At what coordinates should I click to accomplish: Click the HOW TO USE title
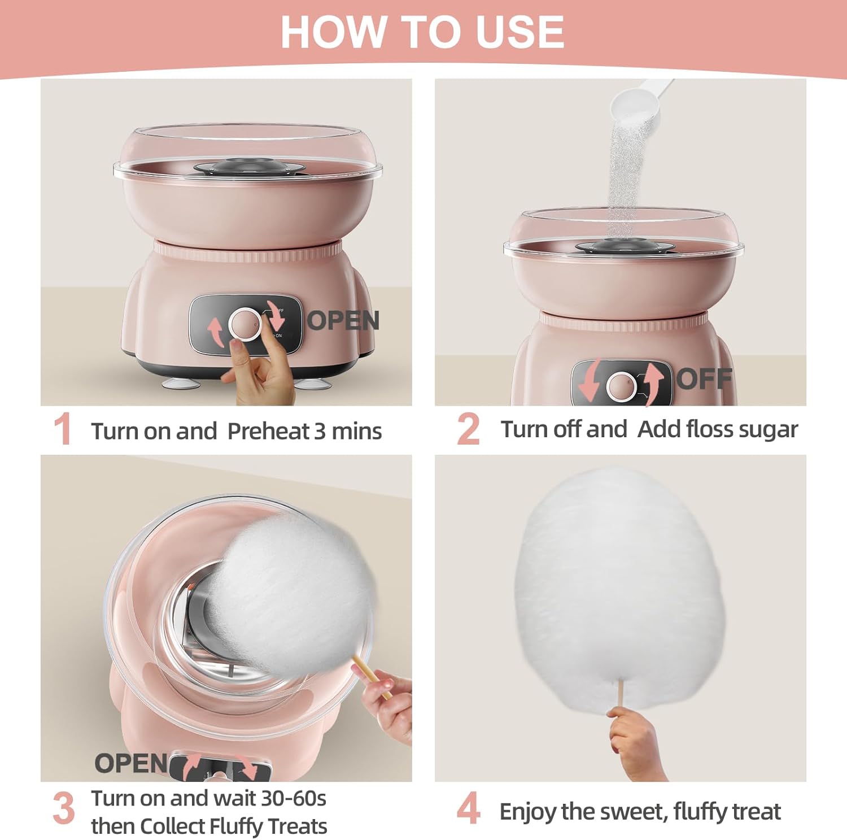(x=422, y=32)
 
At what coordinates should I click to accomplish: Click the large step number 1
(x=62, y=429)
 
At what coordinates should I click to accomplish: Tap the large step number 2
(x=468, y=429)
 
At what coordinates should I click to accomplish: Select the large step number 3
(x=63, y=808)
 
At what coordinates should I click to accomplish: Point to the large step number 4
(x=468, y=808)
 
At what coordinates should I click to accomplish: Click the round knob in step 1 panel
(x=245, y=324)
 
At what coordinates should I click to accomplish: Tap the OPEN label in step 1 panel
(x=343, y=321)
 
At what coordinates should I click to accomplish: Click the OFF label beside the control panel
(x=704, y=378)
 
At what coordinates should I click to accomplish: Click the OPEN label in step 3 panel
(x=131, y=763)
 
